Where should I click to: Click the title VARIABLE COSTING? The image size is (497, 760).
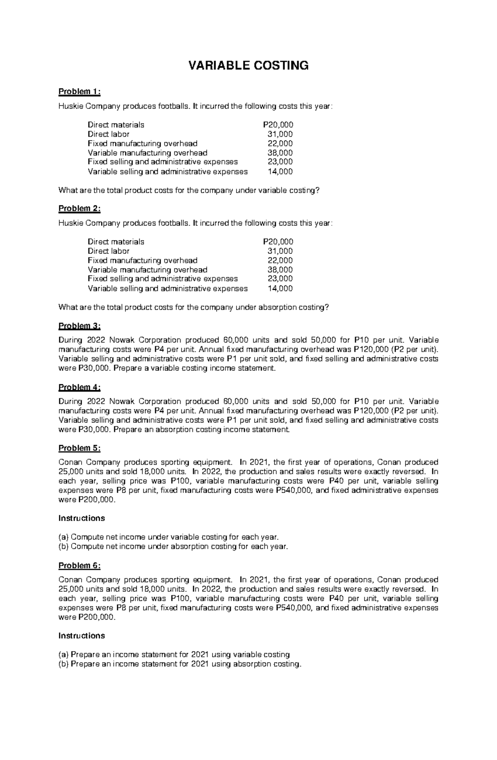pyautogui.click(x=248, y=66)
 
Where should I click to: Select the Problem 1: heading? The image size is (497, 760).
pyautogui.click(x=80, y=92)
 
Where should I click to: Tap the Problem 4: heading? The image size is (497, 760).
pyautogui.click(x=80, y=388)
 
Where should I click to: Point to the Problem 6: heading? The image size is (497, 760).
pyautogui.click(x=80, y=566)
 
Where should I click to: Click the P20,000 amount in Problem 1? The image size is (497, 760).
pyautogui.click(x=278, y=125)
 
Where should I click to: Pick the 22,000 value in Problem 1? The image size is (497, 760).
pyautogui.click(x=280, y=143)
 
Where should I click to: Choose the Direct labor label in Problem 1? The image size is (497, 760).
pyautogui.click(x=109, y=134)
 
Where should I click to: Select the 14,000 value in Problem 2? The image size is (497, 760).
pyautogui.click(x=280, y=289)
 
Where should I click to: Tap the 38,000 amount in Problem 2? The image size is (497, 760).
pyautogui.click(x=280, y=270)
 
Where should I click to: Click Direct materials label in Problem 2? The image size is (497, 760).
pyautogui.click(x=116, y=242)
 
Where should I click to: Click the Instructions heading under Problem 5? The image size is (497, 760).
pyautogui.click(x=82, y=519)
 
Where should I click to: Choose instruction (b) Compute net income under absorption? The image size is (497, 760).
pyautogui.click(x=173, y=546)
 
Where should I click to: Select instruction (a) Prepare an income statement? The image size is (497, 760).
pyautogui.click(x=174, y=655)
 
